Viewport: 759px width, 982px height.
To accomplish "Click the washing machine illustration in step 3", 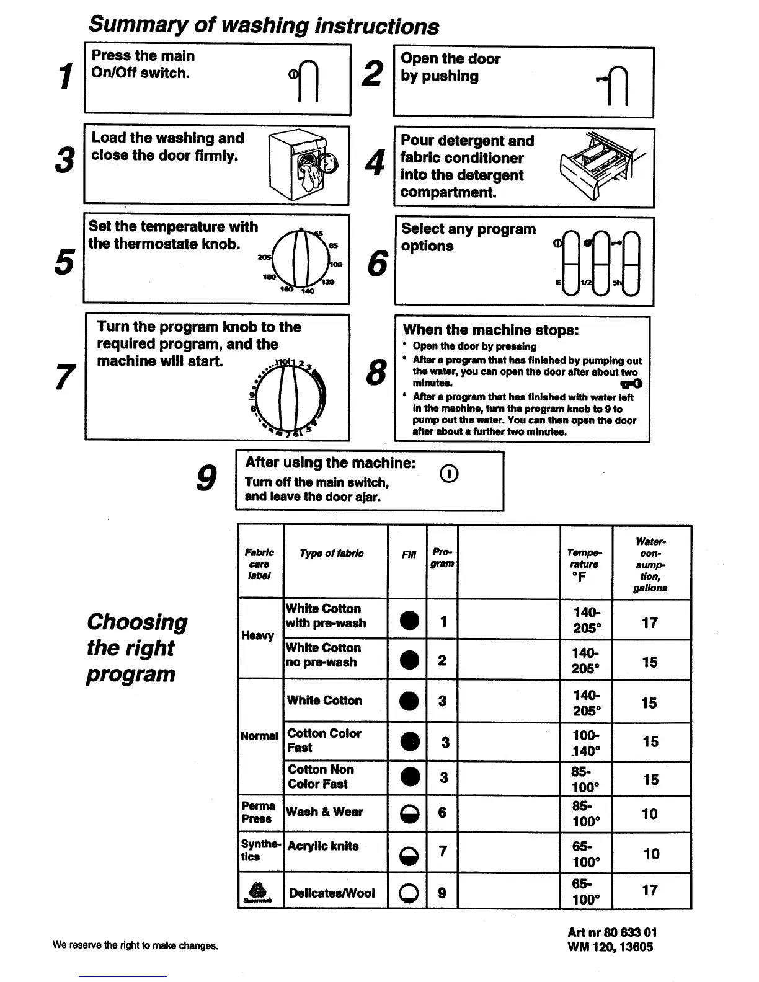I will point(304,166).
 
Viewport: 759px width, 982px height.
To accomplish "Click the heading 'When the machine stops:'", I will point(490,330).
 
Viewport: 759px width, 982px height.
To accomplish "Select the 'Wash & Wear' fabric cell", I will point(324,812).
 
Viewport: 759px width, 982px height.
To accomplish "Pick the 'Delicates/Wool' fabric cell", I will point(332,893).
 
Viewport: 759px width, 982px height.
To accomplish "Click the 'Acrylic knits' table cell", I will point(323,846).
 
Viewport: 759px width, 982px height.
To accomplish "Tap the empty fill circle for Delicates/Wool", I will point(407,893).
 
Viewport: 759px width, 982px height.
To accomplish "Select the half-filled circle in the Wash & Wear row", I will point(407,813).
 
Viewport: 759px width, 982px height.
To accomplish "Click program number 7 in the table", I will point(442,851).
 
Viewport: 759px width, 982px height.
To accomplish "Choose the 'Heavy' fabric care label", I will point(257,635).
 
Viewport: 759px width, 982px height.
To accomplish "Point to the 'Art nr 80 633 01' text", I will point(612,932).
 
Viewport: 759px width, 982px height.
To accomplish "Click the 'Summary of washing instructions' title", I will point(264,25).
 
